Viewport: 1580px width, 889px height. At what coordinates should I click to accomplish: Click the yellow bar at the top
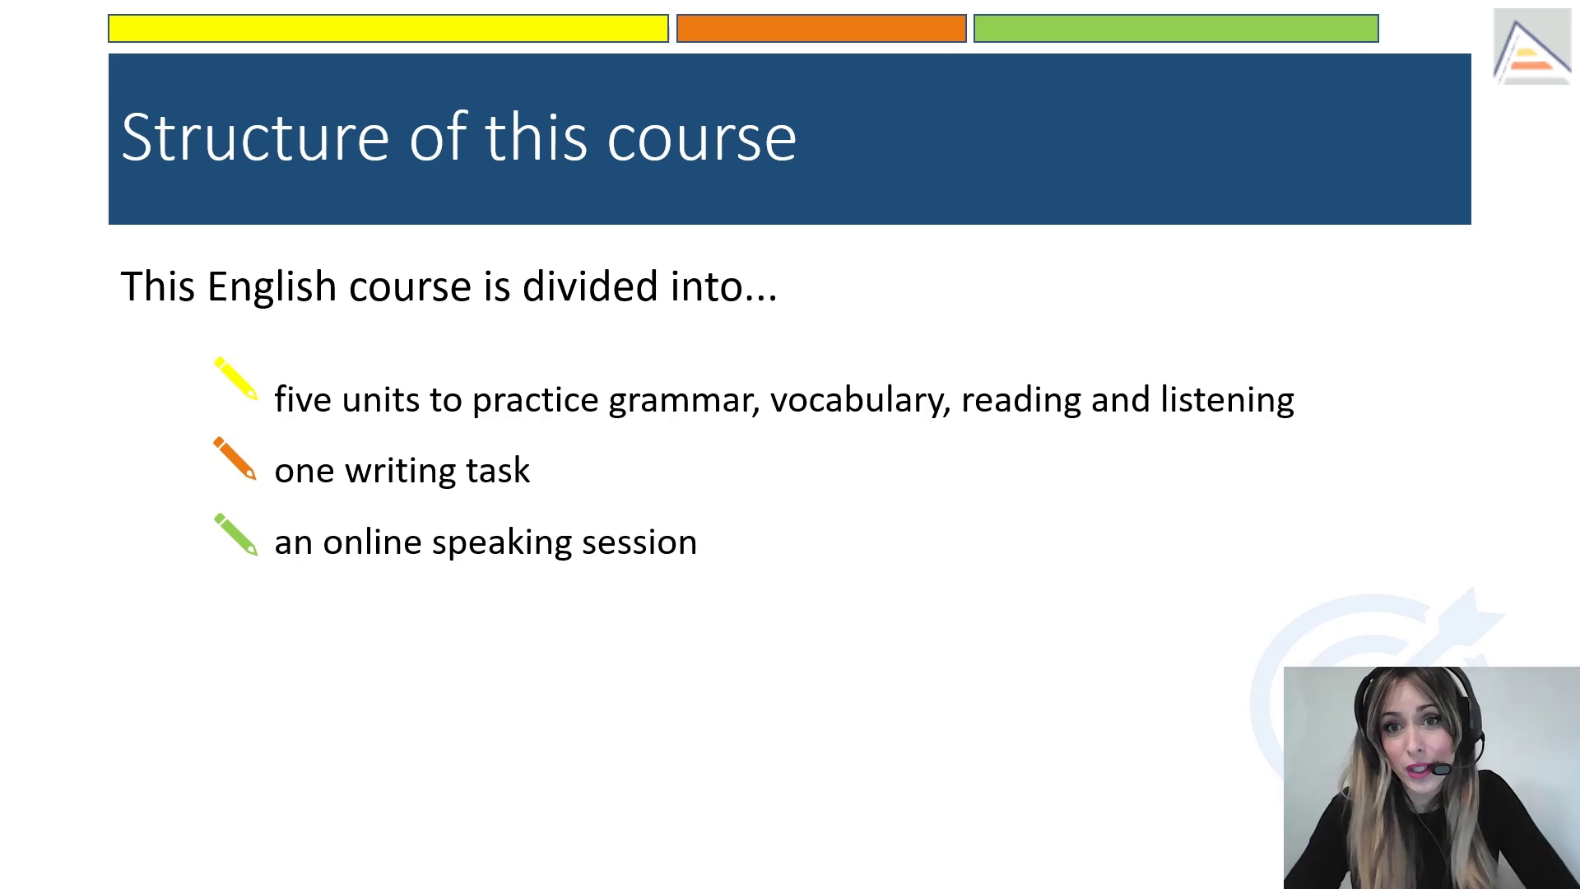click(388, 28)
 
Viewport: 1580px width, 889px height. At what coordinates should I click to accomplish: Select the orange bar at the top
click(821, 28)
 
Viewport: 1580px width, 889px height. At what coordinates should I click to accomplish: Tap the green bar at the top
click(1176, 28)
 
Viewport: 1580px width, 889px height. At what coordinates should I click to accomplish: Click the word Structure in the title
click(255, 137)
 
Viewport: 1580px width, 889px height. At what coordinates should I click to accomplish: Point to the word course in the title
click(701, 138)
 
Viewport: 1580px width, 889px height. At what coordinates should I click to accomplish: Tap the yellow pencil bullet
click(236, 379)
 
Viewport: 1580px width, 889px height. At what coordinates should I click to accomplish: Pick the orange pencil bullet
click(235, 458)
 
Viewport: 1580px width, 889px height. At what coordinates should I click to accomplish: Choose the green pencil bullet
click(236, 535)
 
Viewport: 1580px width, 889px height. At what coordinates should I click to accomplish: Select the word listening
click(1227, 400)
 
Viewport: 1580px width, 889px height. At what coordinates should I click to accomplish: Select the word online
click(372, 542)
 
